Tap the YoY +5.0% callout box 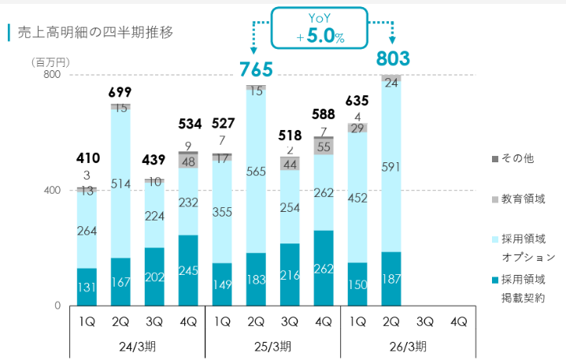point(320,30)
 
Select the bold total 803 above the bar point(391,58)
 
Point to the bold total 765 point(256,69)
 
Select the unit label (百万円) point(50,61)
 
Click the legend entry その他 point(517,158)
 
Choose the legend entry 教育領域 point(523,200)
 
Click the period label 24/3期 point(138,346)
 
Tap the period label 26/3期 point(408,346)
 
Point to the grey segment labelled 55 point(324,147)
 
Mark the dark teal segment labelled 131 point(87,288)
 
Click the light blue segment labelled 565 point(256,174)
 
